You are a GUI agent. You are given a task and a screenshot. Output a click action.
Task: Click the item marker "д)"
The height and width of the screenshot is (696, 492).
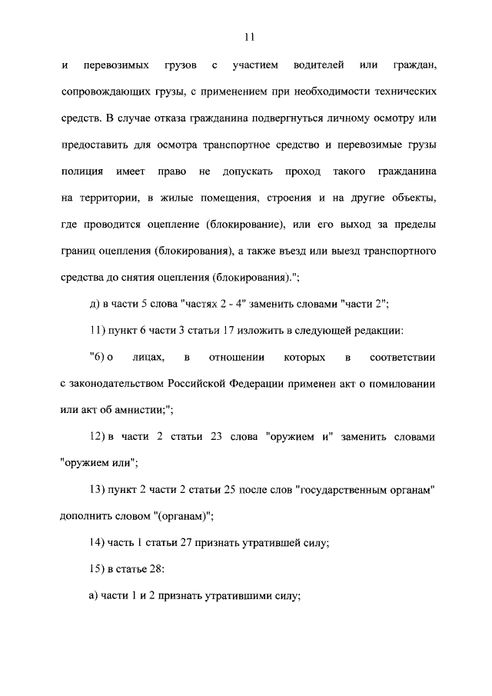(x=96, y=304)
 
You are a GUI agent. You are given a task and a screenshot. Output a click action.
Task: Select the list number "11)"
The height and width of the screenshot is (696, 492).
(x=98, y=331)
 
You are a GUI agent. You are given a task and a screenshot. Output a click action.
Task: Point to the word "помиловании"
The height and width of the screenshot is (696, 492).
(x=410, y=385)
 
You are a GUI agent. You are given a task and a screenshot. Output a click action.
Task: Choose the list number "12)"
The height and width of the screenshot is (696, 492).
(x=98, y=438)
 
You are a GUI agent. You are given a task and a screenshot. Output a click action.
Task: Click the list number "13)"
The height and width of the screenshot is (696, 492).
(x=98, y=491)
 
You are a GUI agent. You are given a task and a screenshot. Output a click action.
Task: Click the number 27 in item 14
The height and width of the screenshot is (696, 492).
(x=191, y=544)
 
